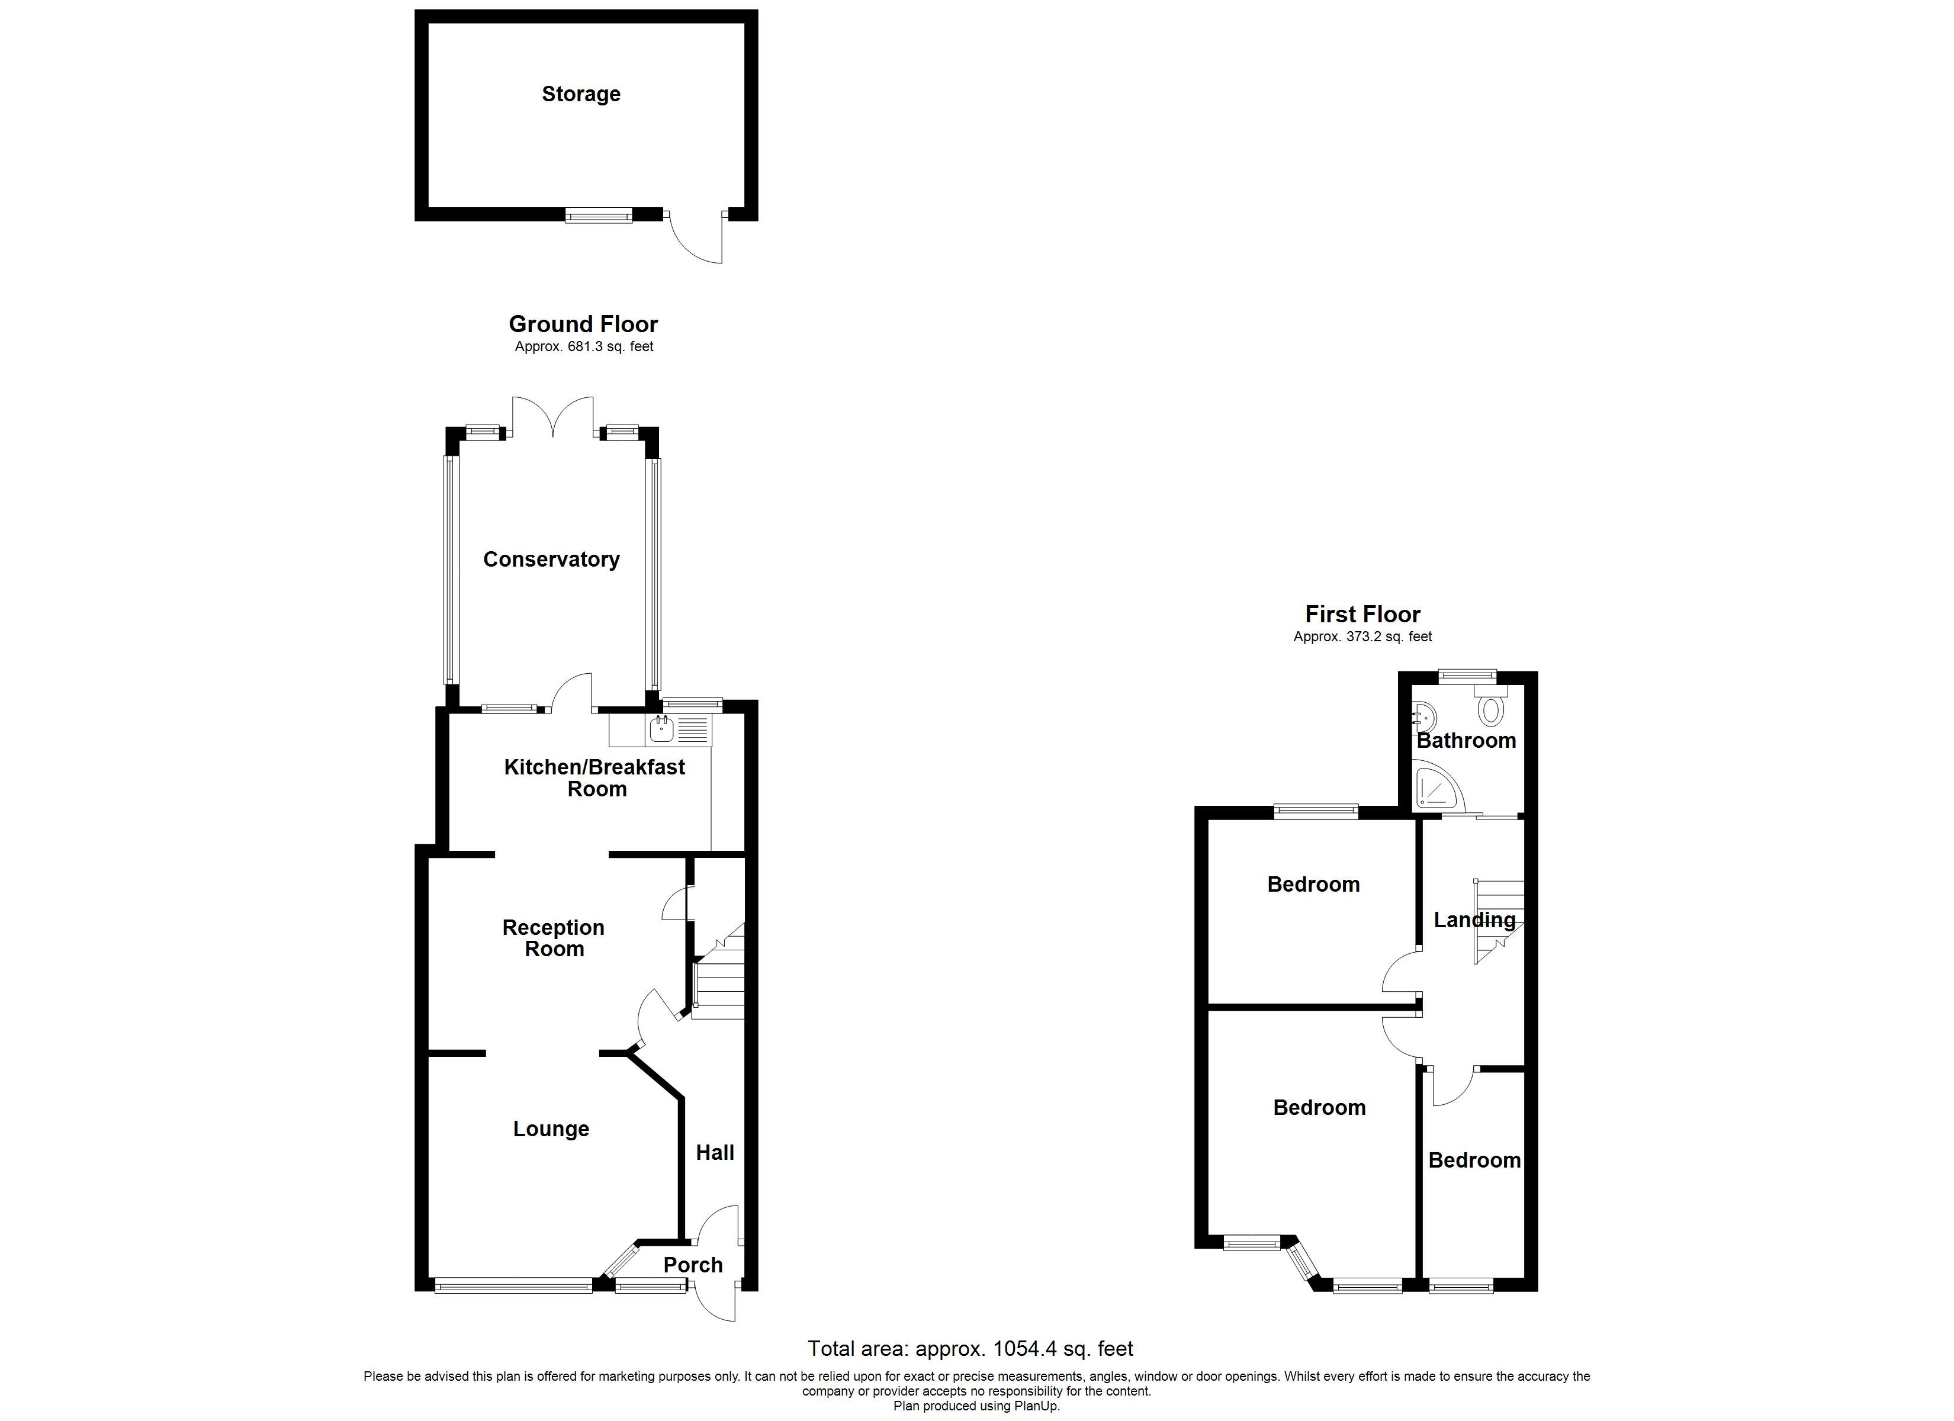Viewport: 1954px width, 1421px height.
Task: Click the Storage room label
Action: click(x=581, y=94)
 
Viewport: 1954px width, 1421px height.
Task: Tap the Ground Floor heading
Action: click(x=583, y=324)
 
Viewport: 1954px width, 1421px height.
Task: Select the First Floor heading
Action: click(x=1362, y=615)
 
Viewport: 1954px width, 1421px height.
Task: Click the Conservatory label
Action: click(x=551, y=560)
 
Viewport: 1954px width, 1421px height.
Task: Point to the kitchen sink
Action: click(x=661, y=731)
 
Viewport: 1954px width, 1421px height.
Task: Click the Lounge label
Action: click(x=551, y=1129)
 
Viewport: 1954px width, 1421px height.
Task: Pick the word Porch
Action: click(x=693, y=1265)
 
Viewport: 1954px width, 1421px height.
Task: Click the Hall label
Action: click(x=715, y=1153)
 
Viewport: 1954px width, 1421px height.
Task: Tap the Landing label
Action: click(x=1474, y=920)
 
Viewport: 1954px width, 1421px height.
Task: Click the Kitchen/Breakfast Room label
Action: click(x=595, y=778)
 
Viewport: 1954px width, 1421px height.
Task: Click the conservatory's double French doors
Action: click(x=553, y=416)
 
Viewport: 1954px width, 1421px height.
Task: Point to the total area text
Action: click(x=970, y=1349)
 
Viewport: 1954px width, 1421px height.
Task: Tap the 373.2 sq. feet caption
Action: click(x=1362, y=637)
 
